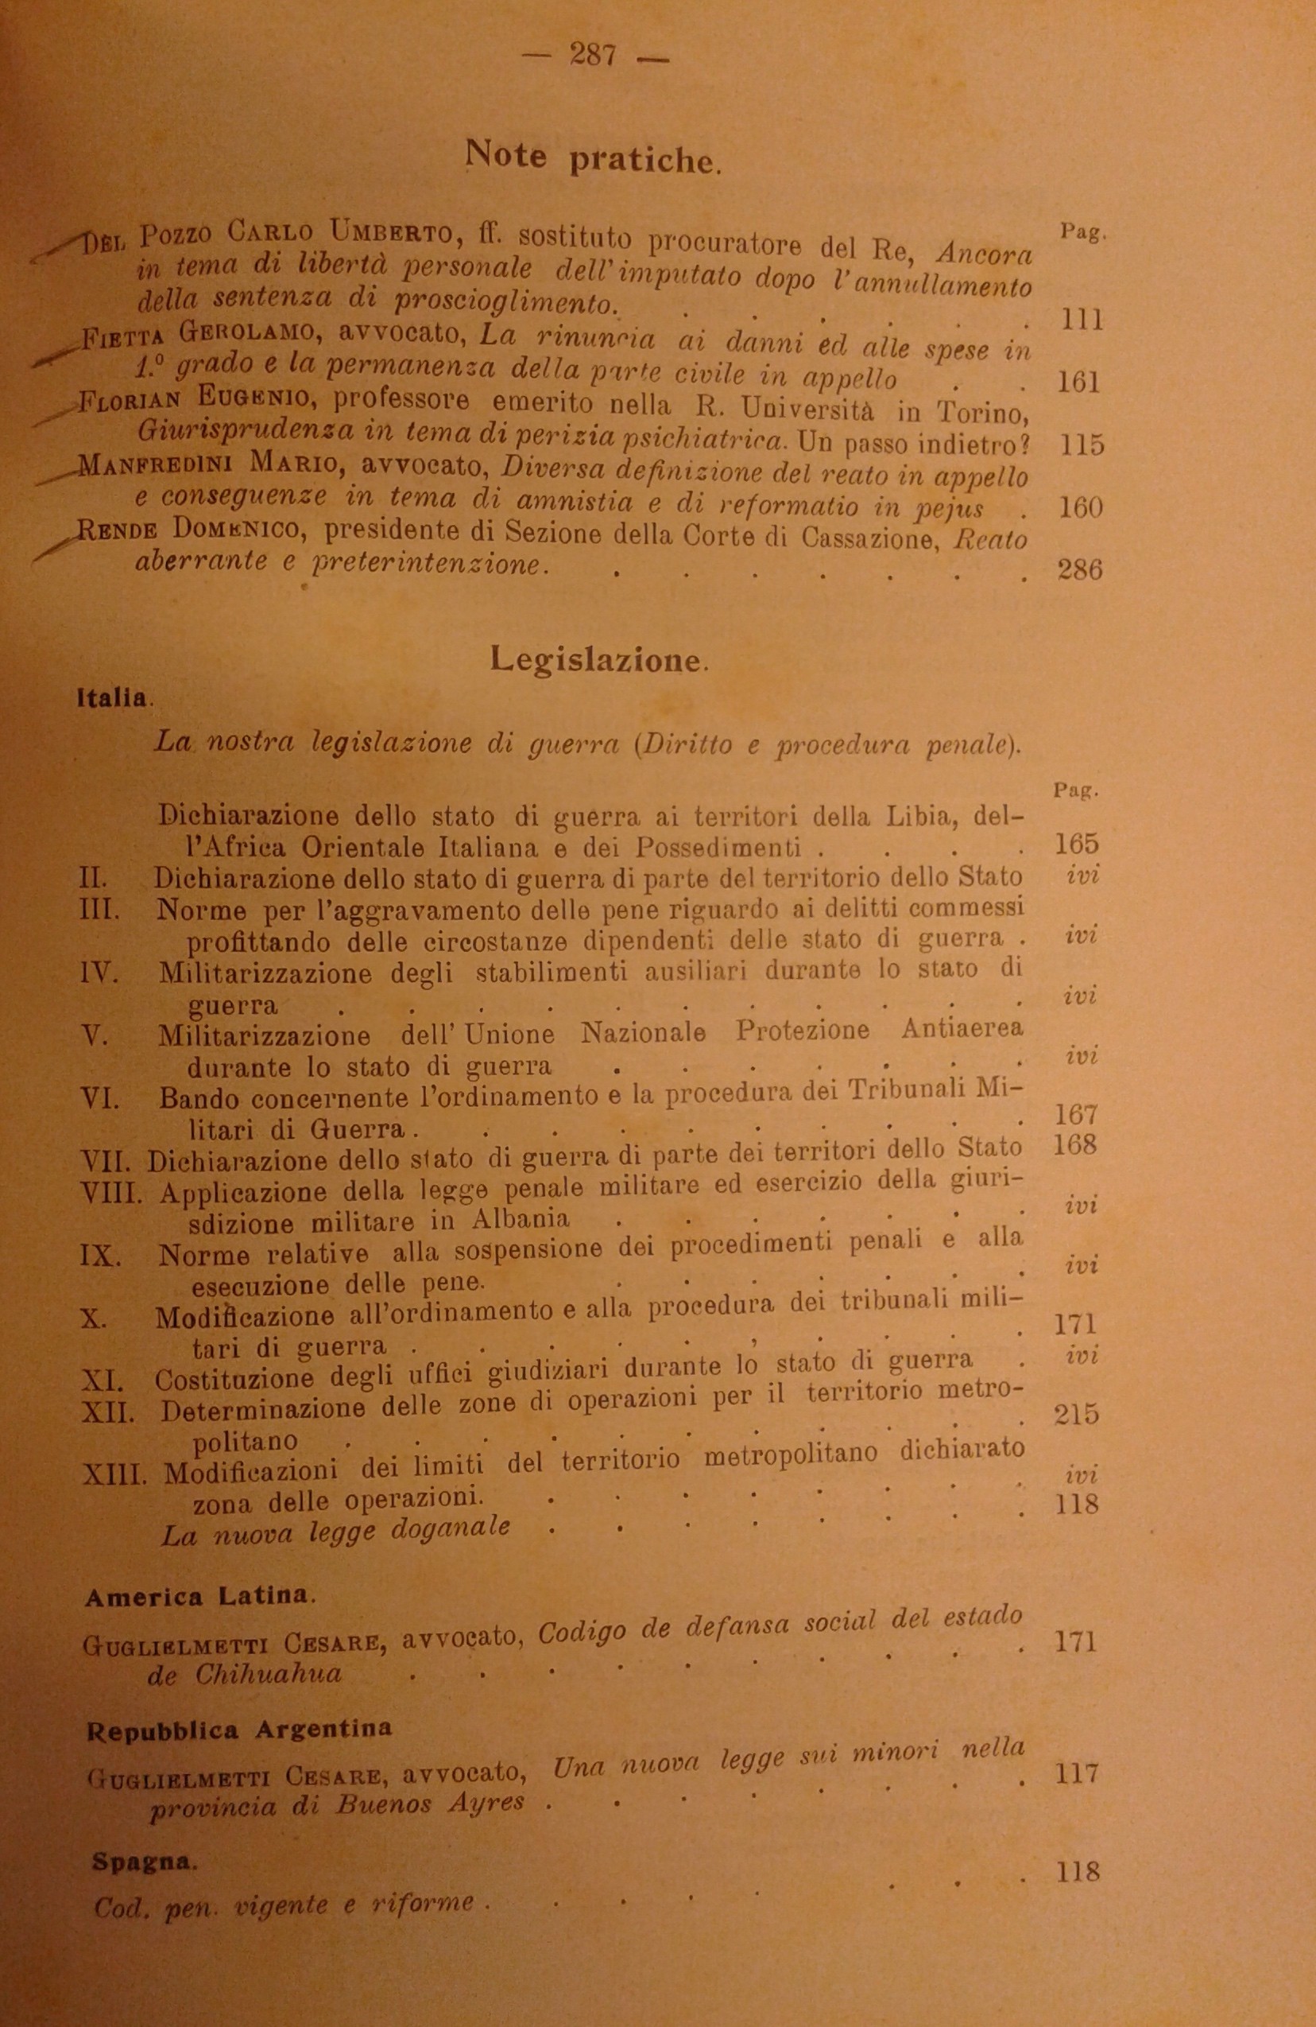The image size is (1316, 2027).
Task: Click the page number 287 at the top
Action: coord(593,56)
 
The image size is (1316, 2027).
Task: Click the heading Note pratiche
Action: coord(593,158)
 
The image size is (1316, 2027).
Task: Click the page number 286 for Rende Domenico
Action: coord(1078,569)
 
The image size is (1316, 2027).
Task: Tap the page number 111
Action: coord(1083,321)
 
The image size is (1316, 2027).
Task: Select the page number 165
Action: coord(1077,844)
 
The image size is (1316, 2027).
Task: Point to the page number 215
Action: coord(1076,1415)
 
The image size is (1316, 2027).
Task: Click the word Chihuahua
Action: coord(267,1674)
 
